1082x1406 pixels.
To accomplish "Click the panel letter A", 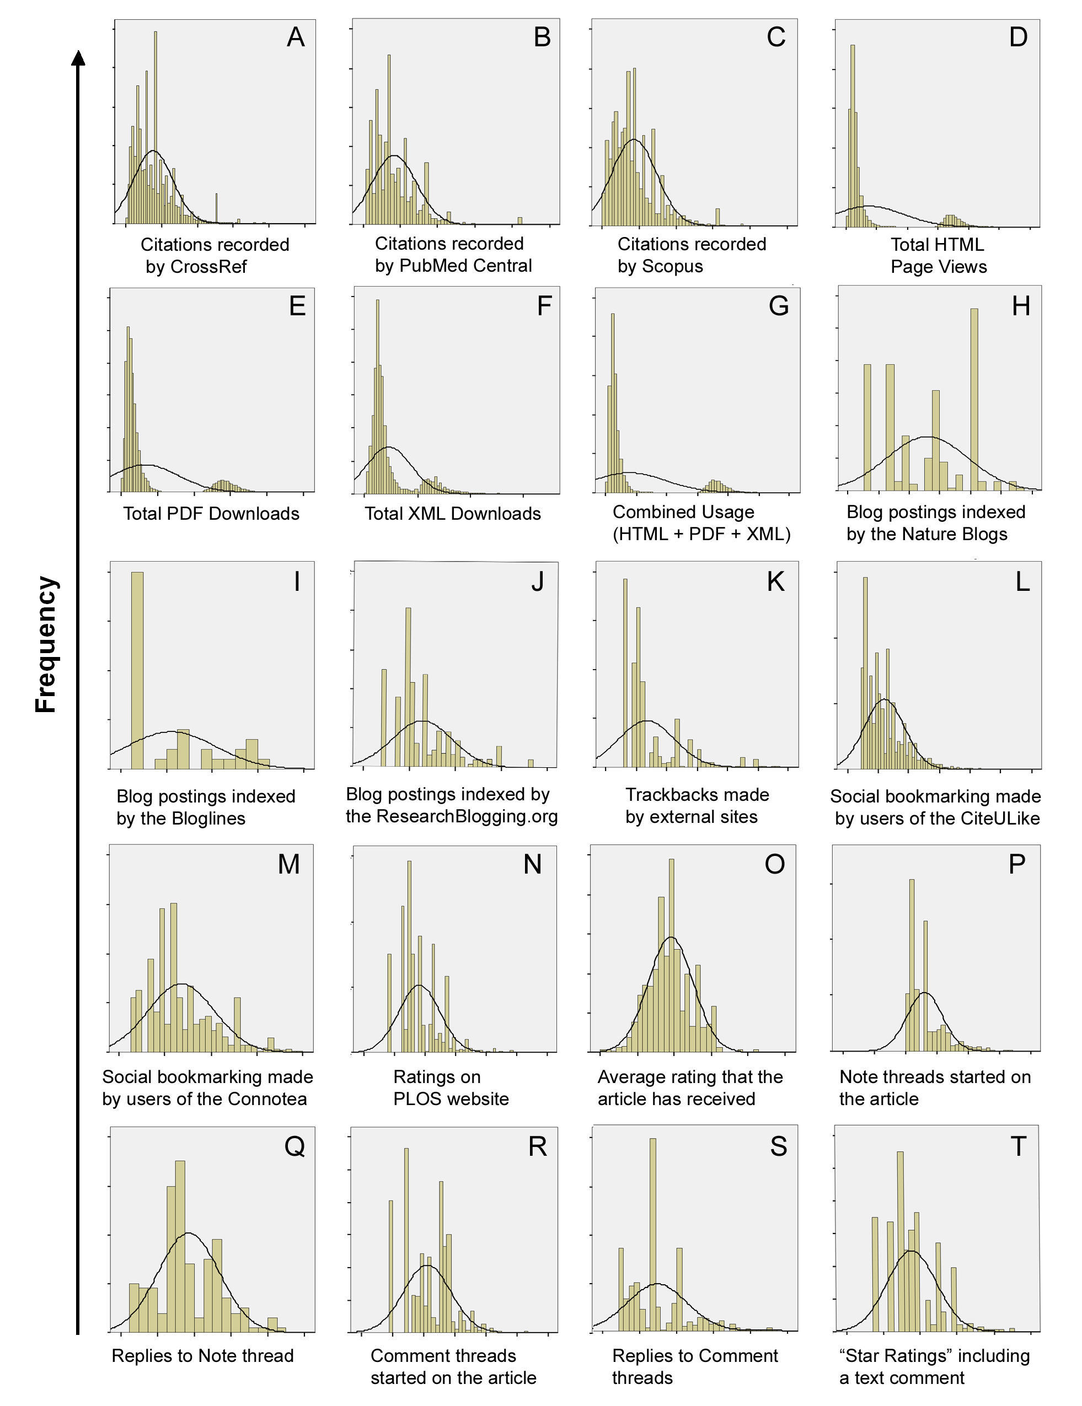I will [296, 37].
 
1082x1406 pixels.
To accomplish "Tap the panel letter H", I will [1021, 306].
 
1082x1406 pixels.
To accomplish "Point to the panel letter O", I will [775, 864].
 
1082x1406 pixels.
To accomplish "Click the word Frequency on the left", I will [46, 644].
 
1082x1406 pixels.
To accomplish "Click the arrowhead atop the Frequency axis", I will [78, 58].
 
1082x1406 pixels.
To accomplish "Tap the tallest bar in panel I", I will [137, 670].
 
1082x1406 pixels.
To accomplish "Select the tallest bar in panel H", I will [974, 399].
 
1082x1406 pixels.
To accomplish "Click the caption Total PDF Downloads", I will [211, 514].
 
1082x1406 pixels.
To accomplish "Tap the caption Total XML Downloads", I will [453, 514].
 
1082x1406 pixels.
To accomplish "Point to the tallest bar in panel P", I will [912, 966].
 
